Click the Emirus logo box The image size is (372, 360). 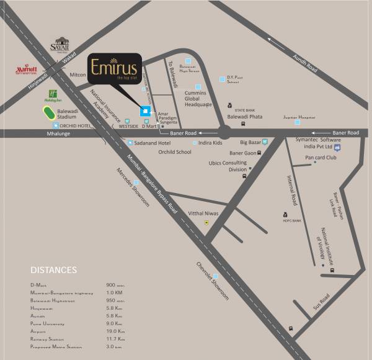[x=114, y=69]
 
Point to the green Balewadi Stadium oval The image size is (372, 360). [x=47, y=113]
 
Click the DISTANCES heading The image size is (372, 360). [x=53, y=270]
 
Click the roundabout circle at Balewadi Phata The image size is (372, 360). [x=225, y=132]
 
